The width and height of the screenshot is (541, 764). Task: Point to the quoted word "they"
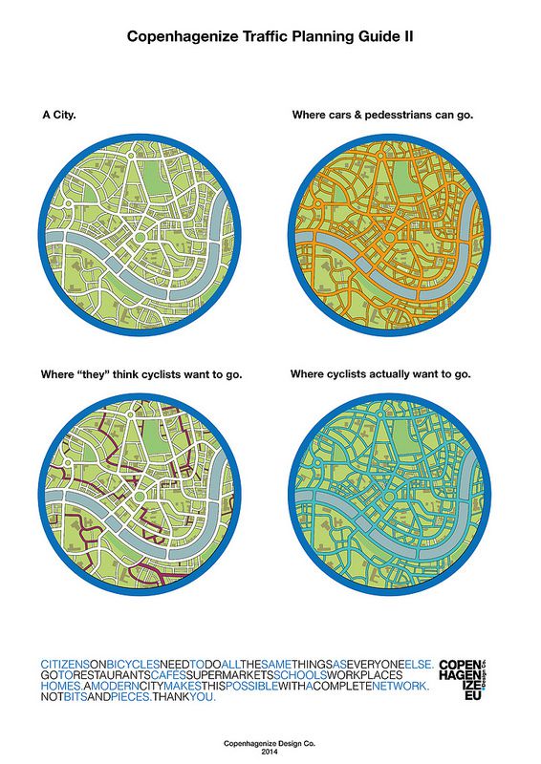[94, 373]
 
